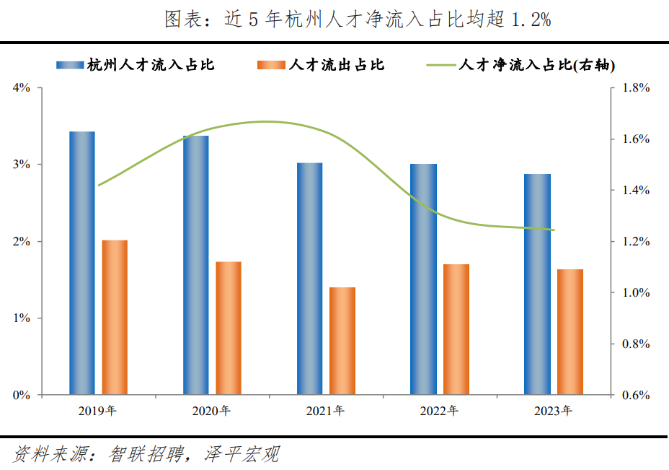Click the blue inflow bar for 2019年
point(81,264)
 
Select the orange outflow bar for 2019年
point(115,318)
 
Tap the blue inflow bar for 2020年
point(195,265)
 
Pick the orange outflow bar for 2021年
point(342,341)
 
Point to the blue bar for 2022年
point(423,279)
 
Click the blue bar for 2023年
point(537,284)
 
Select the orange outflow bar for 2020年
point(229,328)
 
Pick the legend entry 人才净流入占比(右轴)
point(538,65)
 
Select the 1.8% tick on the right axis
point(635,88)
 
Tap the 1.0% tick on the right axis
point(635,293)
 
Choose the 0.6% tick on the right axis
point(635,396)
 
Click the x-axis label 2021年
point(325,412)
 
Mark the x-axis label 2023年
point(553,412)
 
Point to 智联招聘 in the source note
point(143,454)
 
